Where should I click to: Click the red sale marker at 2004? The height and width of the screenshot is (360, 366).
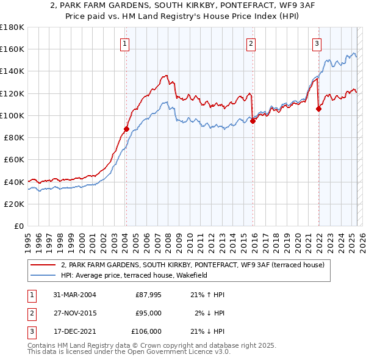tap(126, 129)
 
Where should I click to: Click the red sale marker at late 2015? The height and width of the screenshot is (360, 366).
tap(253, 121)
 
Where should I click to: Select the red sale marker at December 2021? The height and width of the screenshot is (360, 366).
tap(318, 109)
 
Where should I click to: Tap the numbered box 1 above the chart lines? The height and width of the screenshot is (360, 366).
tap(124, 43)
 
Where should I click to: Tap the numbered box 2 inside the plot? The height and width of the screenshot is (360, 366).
tap(251, 43)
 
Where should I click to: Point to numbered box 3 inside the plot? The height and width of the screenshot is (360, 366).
tap(317, 43)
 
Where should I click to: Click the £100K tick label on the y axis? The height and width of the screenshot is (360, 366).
tap(12, 115)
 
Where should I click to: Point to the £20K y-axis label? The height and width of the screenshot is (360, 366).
tap(14, 204)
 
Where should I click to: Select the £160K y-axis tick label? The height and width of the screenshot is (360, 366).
tap(12, 49)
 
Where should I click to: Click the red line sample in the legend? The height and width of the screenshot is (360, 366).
tap(43, 265)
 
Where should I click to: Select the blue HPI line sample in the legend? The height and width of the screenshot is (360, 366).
tap(43, 275)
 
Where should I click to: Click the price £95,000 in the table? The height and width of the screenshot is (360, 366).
tap(148, 313)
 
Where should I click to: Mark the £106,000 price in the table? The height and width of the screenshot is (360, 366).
tap(146, 331)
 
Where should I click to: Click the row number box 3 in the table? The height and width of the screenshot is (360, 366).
tap(30, 331)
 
